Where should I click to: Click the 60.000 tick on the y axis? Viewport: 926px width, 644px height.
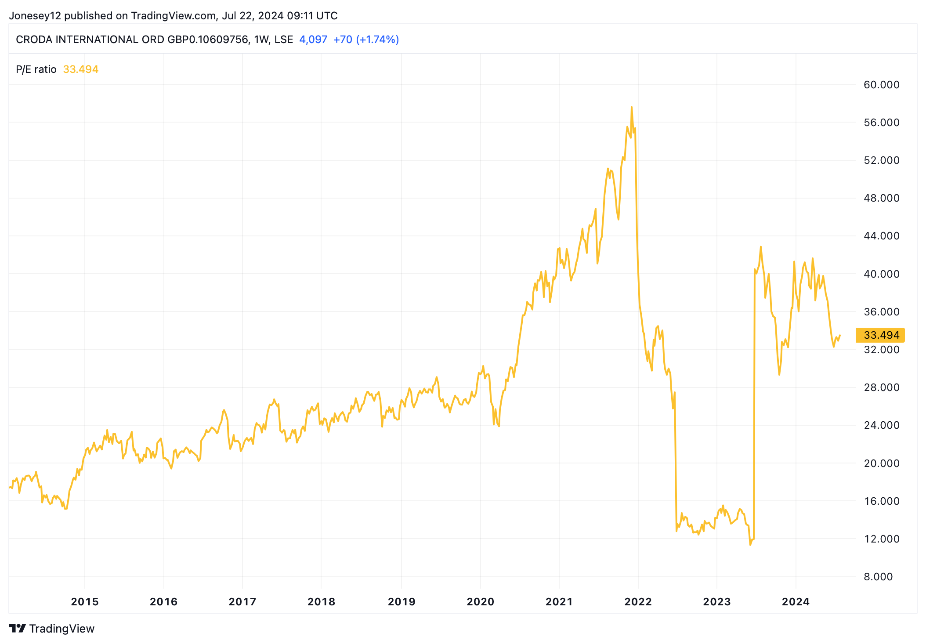(x=881, y=85)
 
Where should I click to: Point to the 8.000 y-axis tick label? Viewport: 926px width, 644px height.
(x=878, y=577)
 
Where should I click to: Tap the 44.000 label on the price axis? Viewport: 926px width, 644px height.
(x=881, y=236)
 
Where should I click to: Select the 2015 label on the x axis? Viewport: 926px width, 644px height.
(x=85, y=602)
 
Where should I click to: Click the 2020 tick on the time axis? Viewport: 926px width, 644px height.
(x=480, y=602)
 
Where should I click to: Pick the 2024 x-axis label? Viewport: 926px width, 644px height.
(x=796, y=602)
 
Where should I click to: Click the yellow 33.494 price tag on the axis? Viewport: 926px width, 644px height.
(x=880, y=335)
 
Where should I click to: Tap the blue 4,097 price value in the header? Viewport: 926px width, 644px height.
(x=313, y=40)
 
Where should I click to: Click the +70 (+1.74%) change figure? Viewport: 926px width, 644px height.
(x=366, y=40)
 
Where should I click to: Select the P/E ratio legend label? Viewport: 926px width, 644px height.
(x=36, y=69)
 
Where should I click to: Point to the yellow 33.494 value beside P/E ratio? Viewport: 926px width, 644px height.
(x=81, y=69)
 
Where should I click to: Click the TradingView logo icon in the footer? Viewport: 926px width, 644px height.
(x=18, y=629)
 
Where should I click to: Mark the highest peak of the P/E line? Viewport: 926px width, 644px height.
(x=631, y=107)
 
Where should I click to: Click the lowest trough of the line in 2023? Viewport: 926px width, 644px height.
(x=750, y=545)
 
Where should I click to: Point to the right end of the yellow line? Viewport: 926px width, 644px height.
(x=840, y=335)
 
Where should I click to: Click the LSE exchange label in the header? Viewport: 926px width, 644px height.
(x=283, y=40)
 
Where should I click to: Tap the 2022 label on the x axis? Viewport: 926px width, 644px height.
(x=638, y=602)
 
